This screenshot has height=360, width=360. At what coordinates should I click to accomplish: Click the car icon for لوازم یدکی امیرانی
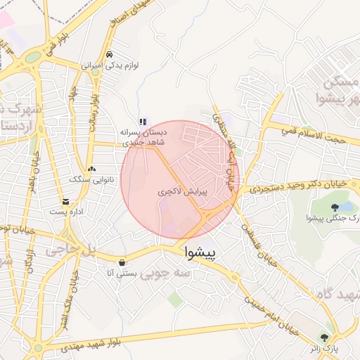109,54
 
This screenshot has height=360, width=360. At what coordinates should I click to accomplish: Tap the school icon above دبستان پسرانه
143,121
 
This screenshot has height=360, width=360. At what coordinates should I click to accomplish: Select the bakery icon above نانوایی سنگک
93,169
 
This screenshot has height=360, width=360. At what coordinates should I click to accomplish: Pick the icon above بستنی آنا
122,261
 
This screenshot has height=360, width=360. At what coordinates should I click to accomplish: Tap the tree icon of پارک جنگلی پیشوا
335,207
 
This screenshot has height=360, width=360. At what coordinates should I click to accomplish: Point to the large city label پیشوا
201,252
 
